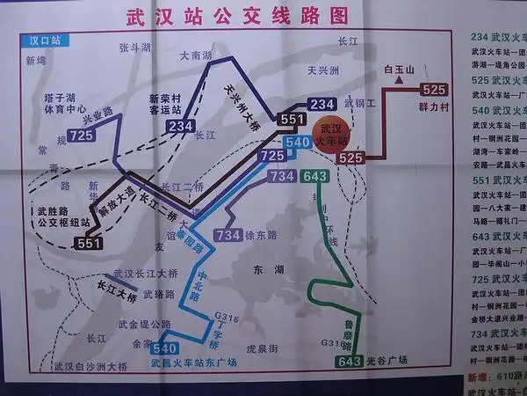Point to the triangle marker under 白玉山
point(400,81)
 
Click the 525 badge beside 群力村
point(435,90)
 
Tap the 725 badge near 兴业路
point(82,135)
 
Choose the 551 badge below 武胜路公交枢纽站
point(88,244)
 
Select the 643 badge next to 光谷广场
point(349,361)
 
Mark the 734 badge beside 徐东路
point(227,236)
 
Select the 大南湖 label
point(195,55)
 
